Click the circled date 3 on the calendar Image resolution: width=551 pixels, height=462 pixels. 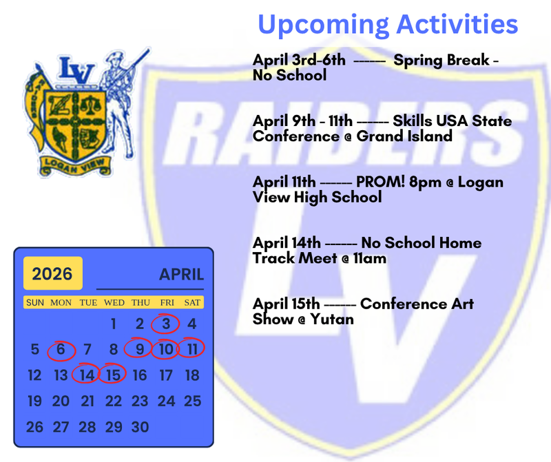[x=165, y=324]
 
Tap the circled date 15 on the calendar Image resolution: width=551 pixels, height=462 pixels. [x=113, y=375]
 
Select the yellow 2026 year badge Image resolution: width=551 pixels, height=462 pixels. [x=52, y=274]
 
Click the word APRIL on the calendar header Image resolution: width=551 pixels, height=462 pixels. [x=182, y=275]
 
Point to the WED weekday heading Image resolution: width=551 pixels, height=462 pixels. [x=114, y=303]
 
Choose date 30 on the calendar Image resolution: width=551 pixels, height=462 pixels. [x=140, y=427]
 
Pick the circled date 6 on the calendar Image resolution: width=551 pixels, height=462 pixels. [x=61, y=350]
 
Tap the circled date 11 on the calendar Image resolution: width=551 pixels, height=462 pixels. [x=191, y=350]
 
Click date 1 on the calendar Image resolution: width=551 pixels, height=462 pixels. [x=114, y=324]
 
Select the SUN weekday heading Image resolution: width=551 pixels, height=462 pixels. [x=34, y=303]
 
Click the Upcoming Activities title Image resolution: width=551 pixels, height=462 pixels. [x=388, y=25]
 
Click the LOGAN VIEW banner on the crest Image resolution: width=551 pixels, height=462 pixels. [x=77, y=165]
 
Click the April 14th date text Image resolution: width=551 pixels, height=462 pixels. [x=287, y=243]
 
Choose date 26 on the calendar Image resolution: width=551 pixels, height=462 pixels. [x=34, y=427]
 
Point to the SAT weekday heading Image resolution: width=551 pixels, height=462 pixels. [x=192, y=303]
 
